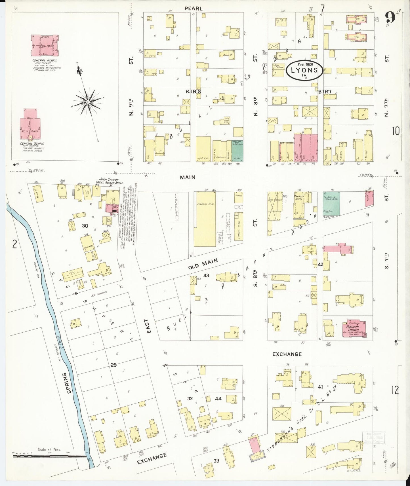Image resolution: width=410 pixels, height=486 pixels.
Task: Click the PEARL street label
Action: click(194, 9)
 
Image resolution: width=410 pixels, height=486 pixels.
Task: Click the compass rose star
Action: click(88, 102)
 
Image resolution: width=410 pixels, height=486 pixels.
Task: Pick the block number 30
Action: click(85, 226)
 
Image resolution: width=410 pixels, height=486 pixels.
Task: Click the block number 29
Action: click(113, 365)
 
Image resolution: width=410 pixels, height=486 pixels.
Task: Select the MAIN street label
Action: click(188, 177)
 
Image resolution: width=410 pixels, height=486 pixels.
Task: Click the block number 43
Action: click(206, 275)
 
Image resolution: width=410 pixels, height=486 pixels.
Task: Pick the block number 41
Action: click(320, 387)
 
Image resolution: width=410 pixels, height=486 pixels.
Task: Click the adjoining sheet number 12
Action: click(395, 390)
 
